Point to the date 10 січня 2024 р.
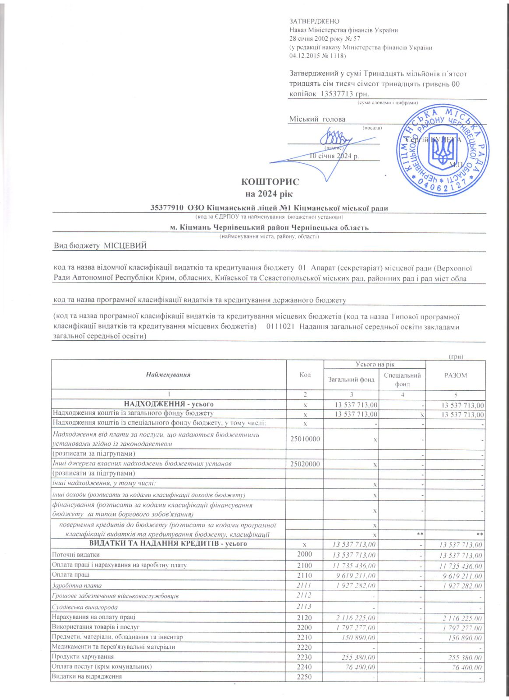334,156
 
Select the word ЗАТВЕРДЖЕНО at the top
314,21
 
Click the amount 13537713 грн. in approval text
345,94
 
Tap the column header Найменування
168,374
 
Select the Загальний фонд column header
351,379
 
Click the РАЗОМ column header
456,375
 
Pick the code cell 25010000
305,439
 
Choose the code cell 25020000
305,464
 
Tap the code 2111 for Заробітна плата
304,585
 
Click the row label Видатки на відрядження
87,676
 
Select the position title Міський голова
317,119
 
